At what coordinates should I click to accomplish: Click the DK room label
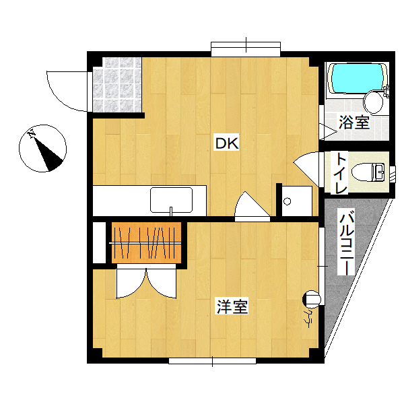click(227, 143)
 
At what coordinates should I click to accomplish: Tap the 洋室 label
click(232, 306)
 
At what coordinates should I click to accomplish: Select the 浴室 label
click(354, 123)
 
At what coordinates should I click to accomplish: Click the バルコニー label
click(347, 242)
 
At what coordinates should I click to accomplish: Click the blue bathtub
click(357, 78)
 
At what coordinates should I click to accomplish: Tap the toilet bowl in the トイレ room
click(368, 172)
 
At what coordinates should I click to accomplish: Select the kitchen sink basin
click(171, 200)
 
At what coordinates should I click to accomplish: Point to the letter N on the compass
click(32, 134)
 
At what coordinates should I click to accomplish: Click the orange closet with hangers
click(146, 242)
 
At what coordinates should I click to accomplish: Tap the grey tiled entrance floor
click(117, 85)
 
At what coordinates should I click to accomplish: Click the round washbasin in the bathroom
click(373, 102)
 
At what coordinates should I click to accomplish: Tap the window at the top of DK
click(246, 49)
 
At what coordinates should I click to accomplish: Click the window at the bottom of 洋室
click(212, 361)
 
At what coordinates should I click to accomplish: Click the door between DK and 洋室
click(252, 206)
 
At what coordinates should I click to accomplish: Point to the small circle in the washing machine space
click(288, 201)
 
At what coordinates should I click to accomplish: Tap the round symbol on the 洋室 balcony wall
click(312, 299)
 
